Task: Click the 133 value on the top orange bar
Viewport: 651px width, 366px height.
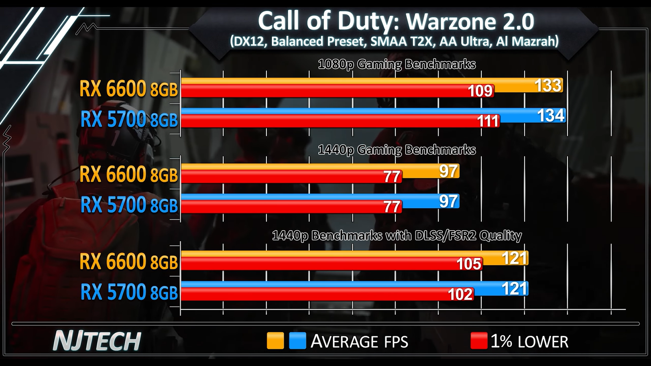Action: tap(548, 85)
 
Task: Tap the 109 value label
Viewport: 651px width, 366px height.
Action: tap(480, 91)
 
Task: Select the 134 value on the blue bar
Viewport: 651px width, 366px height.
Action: tap(551, 115)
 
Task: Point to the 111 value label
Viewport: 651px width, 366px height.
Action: tap(487, 121)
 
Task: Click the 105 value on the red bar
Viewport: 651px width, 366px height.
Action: tap(469, 264)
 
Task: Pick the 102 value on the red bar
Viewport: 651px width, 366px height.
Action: tap(460, 294)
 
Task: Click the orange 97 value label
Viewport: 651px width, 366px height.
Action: tap(448, 171)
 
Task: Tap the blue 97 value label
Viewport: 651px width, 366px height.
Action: tap(448, 201)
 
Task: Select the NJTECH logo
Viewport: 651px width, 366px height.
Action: tap(97, 341)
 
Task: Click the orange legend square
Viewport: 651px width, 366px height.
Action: tap(275, 341)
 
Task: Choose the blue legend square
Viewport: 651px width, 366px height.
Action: tap(297, 341)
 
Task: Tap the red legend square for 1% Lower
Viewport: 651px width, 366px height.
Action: tap(478, 341)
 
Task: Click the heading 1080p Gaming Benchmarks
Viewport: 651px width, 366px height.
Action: tap(397, 64)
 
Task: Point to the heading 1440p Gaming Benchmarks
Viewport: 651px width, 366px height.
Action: tap(397, 150)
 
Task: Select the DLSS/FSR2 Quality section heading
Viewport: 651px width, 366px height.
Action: tap(397, 236)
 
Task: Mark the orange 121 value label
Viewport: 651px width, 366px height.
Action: tap(515, 258)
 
